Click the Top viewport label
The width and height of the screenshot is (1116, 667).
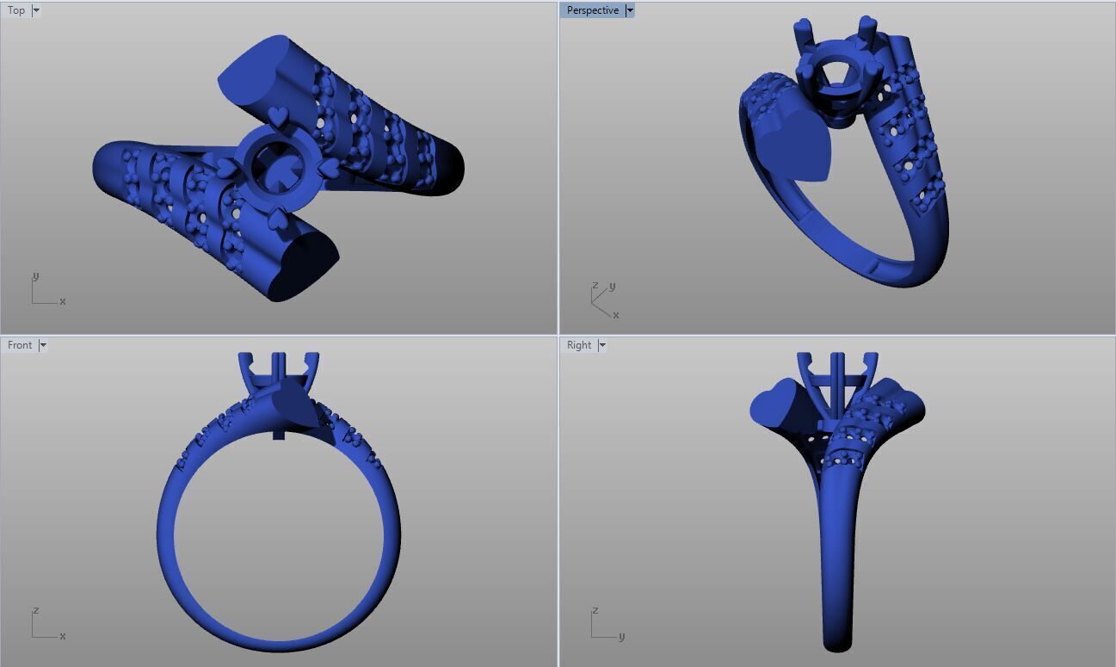[16, 10]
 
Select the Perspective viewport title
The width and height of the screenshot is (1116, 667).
[592, 10]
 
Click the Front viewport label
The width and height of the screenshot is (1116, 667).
[20, 345]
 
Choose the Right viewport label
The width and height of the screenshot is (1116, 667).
[579, 345]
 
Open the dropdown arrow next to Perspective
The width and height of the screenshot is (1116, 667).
[630, 10]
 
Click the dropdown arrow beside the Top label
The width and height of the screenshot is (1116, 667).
[36, 10]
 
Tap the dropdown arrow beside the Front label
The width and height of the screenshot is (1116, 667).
[43, 345]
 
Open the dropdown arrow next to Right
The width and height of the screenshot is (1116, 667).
[602, 345]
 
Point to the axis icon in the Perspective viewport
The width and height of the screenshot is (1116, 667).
[603, 299]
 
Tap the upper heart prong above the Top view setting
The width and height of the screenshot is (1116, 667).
[278, 115]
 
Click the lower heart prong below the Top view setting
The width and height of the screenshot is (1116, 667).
[277, 219]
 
